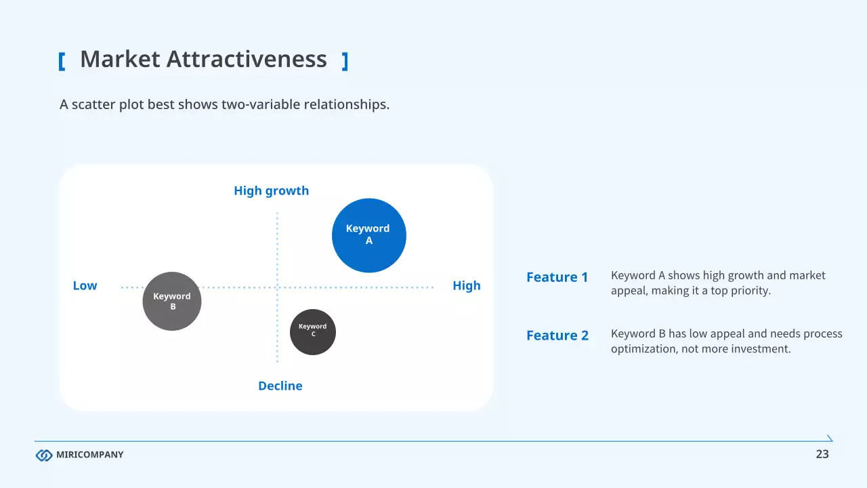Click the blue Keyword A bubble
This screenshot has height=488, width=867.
[x=369, y=235]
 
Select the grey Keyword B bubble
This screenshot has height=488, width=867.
[x=172, y=301]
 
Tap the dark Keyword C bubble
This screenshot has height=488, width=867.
[x=313, y=332]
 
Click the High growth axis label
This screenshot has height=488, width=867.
[x=271, y=191]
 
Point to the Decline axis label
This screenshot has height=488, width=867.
[x=280, y=386]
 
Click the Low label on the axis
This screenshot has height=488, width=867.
[x=85, y=286]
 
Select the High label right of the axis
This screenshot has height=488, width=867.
[x=466, y=286]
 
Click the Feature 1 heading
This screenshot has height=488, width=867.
[x=557, y=277]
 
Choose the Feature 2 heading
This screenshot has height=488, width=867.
[x=557, y=335]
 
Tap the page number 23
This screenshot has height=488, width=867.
[x=822, y=455]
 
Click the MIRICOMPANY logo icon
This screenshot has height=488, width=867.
[x=44, y=455]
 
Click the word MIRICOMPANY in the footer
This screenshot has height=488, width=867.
[x=89, y=455]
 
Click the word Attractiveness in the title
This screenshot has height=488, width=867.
[x=247, y=60]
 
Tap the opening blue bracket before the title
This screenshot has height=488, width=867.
[x=62, y=62]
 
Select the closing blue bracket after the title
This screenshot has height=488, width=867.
[x=345, y=62]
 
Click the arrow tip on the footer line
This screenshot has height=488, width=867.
[x=830, y=439]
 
